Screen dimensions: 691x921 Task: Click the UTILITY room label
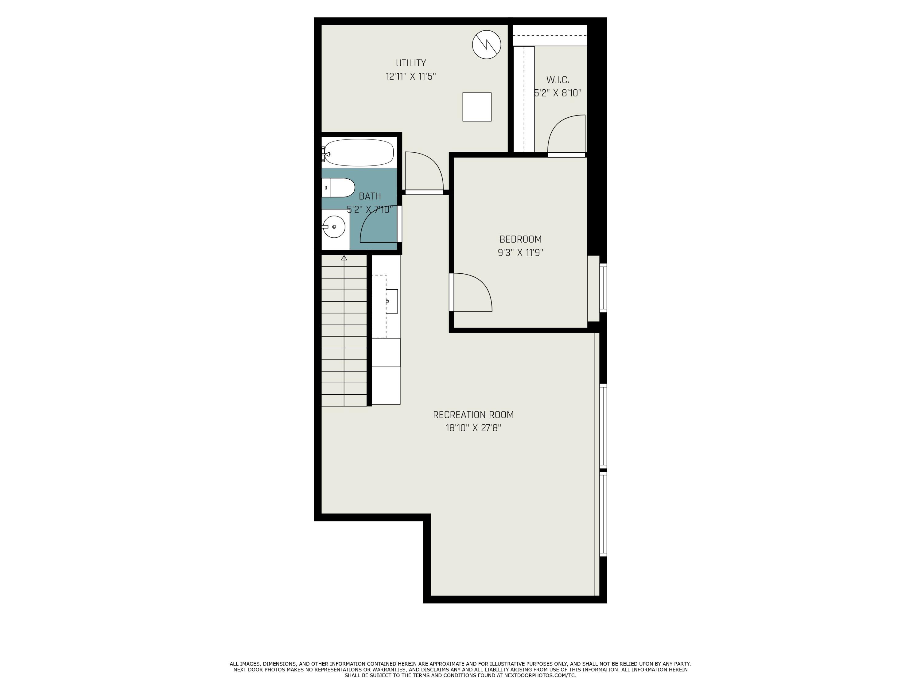click(410, 63)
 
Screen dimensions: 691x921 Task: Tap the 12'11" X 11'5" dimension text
click(410, 77)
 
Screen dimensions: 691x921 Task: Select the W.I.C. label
click(558, 80)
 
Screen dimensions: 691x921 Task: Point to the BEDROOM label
click(520, 240)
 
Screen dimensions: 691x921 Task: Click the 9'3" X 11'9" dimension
click(520, 253)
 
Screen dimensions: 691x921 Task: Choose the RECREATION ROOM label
click(473, 415)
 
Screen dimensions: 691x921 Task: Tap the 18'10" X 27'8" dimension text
click(473, 428)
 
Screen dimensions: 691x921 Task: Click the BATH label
click(370, 196)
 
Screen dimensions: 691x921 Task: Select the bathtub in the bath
click(359, 152)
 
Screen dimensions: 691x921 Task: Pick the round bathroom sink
click(334, 227)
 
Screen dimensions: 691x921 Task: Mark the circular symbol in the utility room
click(486, 45)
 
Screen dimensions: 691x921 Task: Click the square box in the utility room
click(477, 107)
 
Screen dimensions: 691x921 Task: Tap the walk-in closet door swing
click(565, 134)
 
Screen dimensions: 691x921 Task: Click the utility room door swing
click(423, 172)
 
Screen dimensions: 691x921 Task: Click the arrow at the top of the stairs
click(344, 258)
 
